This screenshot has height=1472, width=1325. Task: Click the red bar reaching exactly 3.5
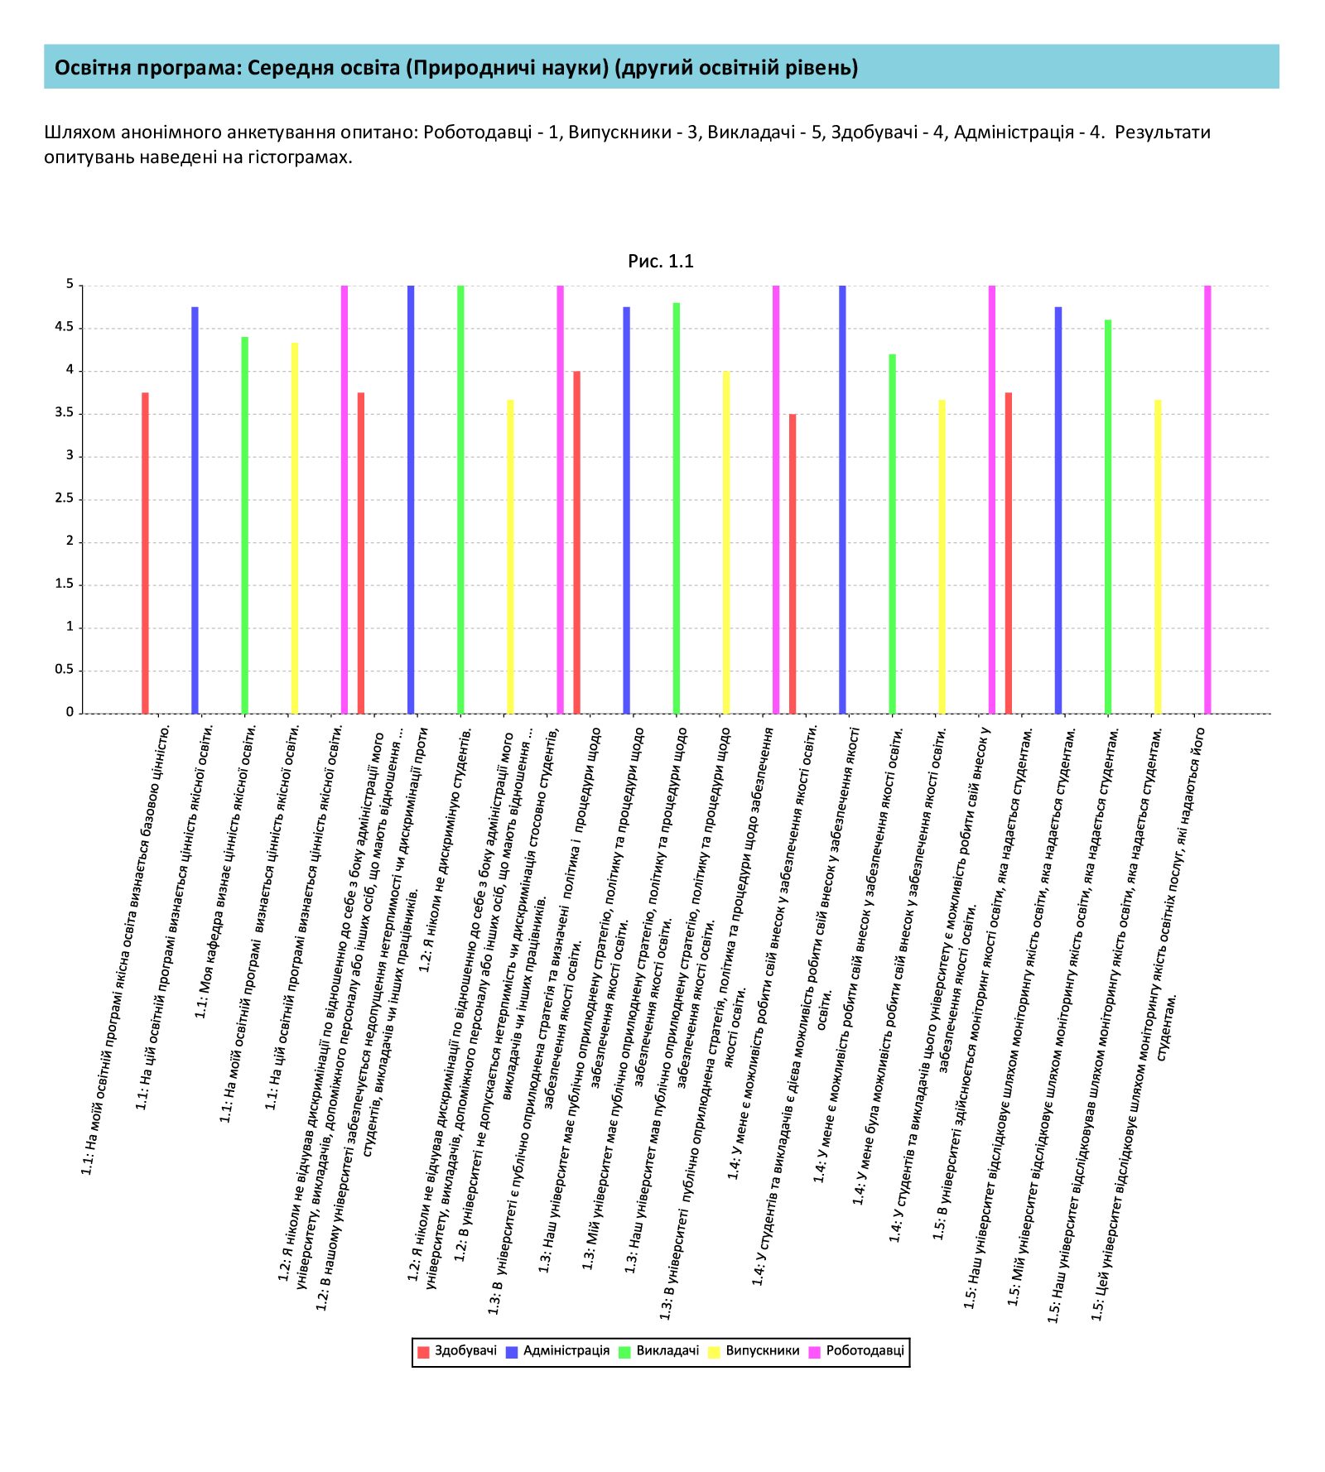tap(793, 563)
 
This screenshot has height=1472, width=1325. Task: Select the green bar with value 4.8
tap(677, 508)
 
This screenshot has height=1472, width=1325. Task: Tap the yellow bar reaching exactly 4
tap(726, 541)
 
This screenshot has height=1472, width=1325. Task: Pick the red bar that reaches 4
tap(577, 541)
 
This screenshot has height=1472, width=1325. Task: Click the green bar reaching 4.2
tap(892, 533)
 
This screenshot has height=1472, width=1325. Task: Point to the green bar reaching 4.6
tap(1108, 516)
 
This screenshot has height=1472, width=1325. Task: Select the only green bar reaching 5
tap(460, 499)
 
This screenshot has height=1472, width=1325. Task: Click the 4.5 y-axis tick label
tap(65, 328)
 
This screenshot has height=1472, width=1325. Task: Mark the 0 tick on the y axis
tap(70, 712)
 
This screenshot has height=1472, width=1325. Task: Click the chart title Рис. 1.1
tap(661, 262)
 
